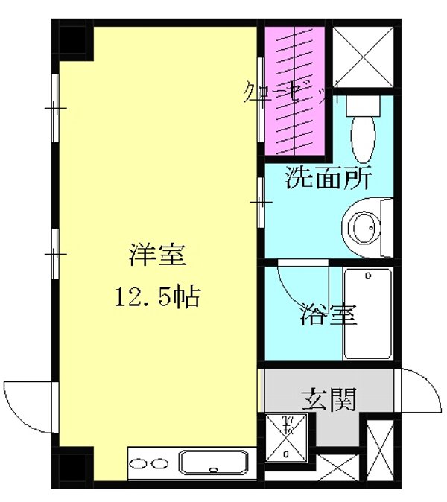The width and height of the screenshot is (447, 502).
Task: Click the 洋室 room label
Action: (x=156, y=255)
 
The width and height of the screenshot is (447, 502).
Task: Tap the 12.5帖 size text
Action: (x=156, y=298)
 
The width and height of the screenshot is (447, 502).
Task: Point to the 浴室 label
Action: (x=329, y=314)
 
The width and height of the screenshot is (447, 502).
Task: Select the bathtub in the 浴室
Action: (x=367, y=314)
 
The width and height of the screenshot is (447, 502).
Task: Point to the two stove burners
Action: (x=149, y=464)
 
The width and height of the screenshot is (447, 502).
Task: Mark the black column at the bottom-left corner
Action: (x=73, y=468)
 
